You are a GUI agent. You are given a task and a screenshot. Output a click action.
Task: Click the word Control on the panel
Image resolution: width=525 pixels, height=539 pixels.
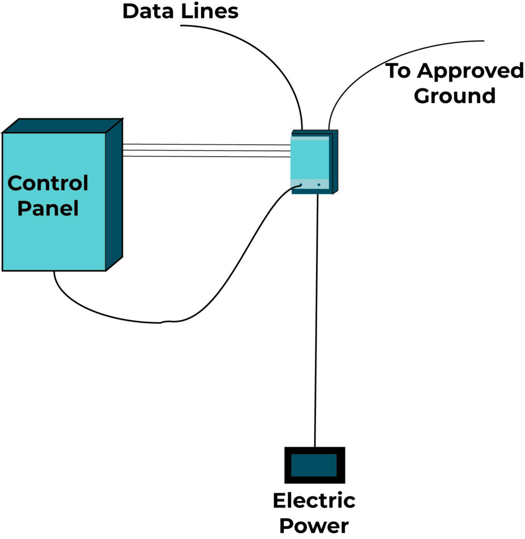[48, 184]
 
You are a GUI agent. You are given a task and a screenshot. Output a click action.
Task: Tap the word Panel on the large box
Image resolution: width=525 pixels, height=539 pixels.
[48, 209]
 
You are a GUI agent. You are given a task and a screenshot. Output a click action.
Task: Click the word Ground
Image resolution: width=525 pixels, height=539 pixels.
[455, 96]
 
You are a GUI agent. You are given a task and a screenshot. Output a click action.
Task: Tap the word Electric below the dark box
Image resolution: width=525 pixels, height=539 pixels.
[314, 501]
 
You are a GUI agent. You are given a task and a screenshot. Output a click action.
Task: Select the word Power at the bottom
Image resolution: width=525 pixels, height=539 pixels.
[314, 525]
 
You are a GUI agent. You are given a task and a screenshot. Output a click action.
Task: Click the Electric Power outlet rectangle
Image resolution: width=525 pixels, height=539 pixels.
[315, 465]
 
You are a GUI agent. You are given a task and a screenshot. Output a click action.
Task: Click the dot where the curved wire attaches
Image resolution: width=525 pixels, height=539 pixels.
[301, 185]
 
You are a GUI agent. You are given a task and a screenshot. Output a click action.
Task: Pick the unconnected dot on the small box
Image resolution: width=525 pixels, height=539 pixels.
[319, 185]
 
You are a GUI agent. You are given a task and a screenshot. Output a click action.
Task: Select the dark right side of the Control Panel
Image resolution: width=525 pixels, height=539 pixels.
[114, 195]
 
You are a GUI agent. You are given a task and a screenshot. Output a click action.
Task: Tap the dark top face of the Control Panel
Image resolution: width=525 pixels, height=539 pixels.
[62, 126]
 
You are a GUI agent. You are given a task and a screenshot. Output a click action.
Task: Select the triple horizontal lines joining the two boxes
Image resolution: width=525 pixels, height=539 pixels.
[205, 151]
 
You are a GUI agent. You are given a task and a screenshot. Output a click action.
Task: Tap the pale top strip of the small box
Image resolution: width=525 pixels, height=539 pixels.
[311, 138]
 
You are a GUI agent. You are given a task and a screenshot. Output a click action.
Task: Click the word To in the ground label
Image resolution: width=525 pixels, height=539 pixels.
[398, 71]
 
